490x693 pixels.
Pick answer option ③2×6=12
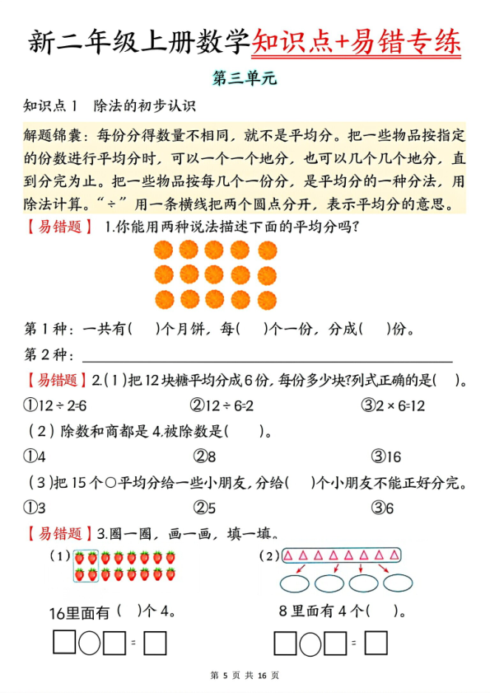[393, 405]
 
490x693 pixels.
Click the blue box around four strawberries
[86, 565]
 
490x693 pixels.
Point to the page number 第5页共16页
[245, 676]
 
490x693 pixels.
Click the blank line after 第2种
[268, 357]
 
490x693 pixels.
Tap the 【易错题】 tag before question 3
[59, 533]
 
